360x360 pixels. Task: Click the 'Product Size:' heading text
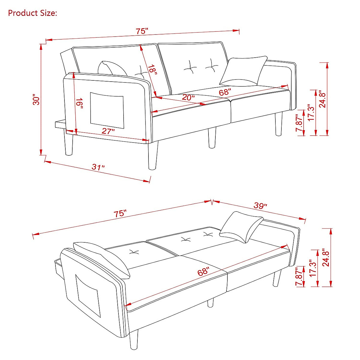[x=32, y=13]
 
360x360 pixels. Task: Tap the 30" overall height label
[x=37, y=100]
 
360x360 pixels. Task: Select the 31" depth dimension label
[x=98, y=167]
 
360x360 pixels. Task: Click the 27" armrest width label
[x=108, y=131]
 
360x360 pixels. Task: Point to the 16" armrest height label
[x=79, y=104]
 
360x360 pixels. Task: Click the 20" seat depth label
[x=188, y=97]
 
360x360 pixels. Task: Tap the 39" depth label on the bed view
[x=260, y=206]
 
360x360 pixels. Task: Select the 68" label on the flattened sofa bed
[x=203, y=272]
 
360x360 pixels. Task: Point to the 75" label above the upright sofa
[x=142, y=31]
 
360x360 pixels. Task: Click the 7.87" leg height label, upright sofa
[x=299, y=123]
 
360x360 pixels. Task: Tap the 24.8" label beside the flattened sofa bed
[x=326, y=257]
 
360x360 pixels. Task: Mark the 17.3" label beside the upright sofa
[x=311, y=112]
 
